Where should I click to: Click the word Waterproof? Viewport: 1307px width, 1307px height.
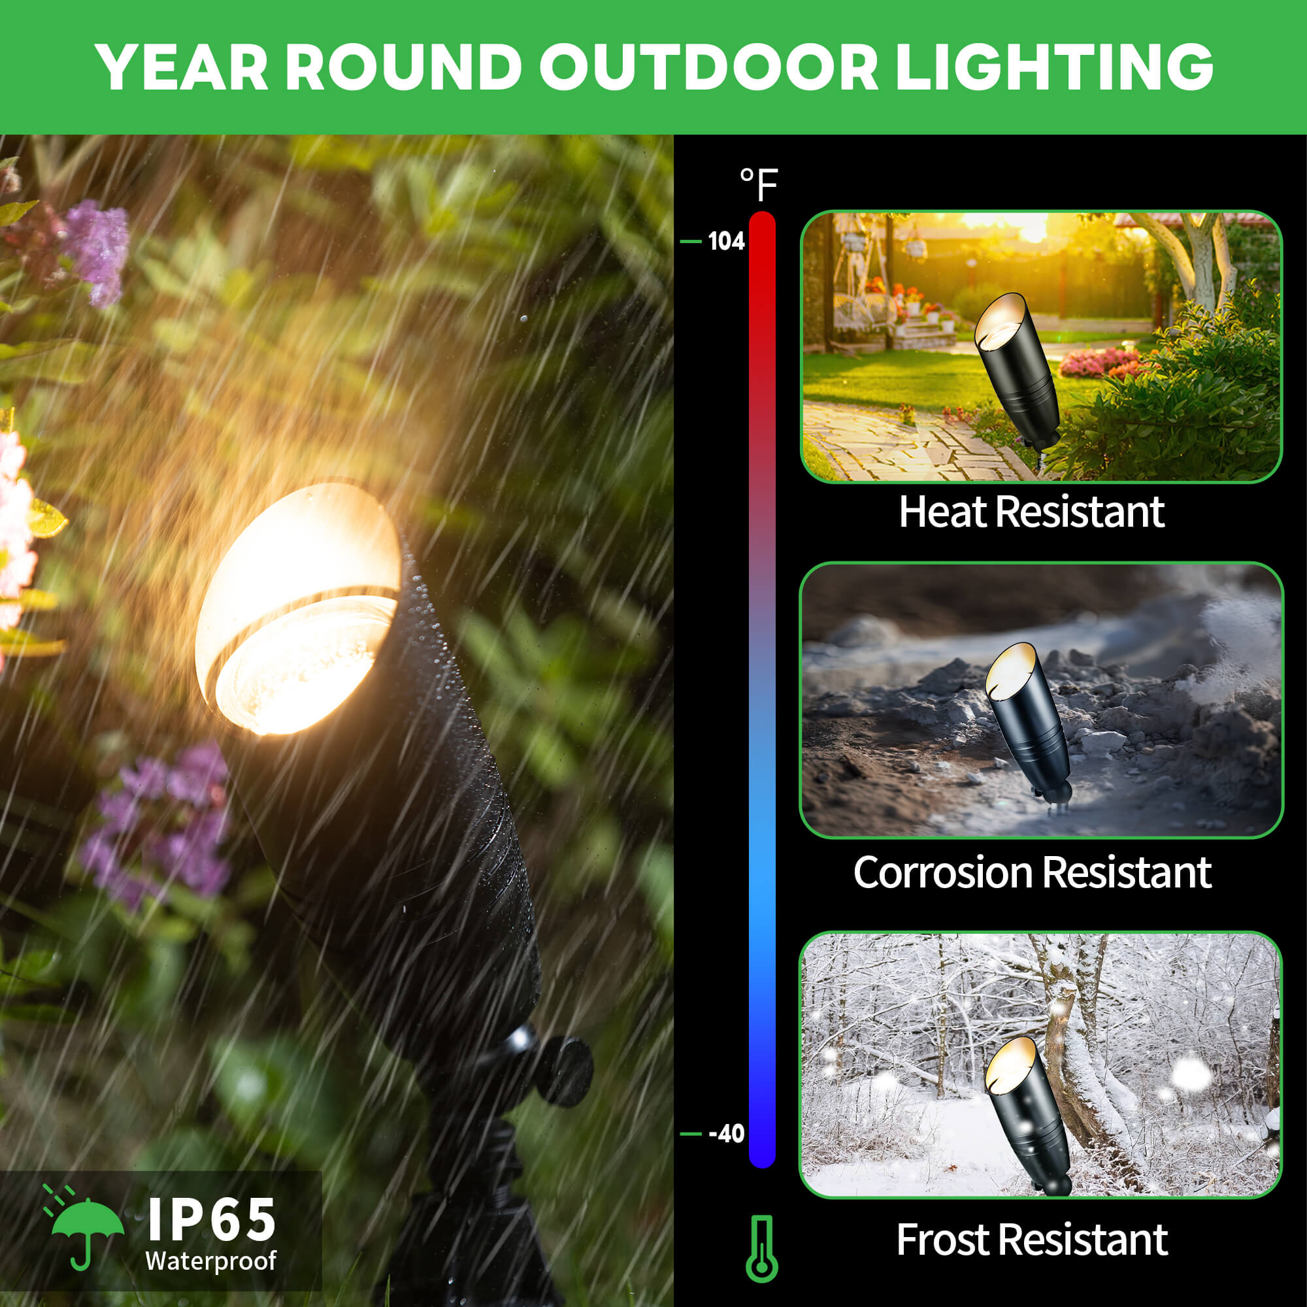point(210,1261)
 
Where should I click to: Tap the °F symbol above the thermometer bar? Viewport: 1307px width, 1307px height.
point(759,184)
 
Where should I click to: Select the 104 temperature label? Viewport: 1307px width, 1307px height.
point(726,242)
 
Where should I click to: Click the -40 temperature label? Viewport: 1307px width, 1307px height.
point(726,1133)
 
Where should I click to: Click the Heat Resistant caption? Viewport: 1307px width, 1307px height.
point(1031,512)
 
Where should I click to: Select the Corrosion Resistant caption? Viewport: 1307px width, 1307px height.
point(1033,872)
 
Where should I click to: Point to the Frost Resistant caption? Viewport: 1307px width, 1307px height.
point(1033,1240)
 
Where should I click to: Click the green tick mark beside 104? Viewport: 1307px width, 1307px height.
point(691,242)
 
